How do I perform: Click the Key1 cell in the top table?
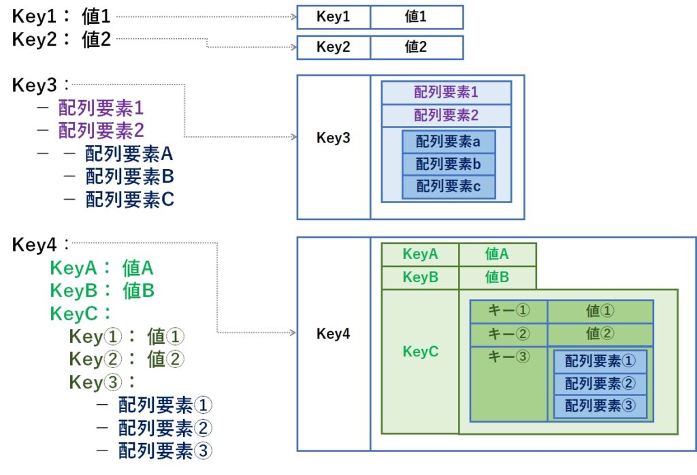(334, 17)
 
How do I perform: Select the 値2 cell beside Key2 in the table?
(417, 47)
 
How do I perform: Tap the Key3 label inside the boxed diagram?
(334, 138)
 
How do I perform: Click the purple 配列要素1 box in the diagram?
(447, 93)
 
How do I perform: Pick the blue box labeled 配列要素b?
(449, 164)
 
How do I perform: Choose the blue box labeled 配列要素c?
(449, 187)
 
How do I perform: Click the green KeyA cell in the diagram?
(420, 255)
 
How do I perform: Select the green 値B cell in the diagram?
(498, 277)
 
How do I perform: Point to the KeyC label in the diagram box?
(421, 352)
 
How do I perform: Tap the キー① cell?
(509, 311)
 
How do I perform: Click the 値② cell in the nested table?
(600, 335)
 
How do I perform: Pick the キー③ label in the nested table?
(509, 356)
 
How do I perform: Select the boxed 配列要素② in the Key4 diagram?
(600, 383)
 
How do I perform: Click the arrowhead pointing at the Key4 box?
(293, 333)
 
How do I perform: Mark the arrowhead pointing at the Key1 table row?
(293, 17)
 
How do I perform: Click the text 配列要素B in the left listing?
(129, 177)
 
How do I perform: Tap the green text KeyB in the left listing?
(74, 291)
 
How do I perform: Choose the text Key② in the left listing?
(95, 359)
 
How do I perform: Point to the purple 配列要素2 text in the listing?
(101, 130)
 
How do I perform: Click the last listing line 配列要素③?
(165, 450)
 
